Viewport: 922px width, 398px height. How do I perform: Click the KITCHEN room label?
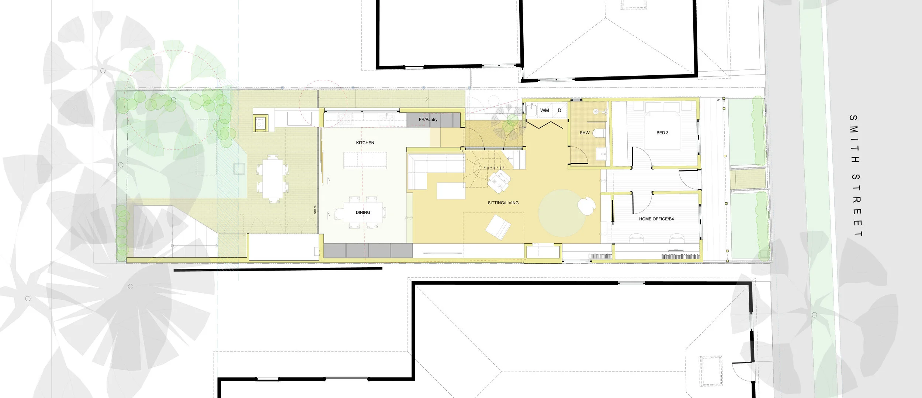pos(365,143)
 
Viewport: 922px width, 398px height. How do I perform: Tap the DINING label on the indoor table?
pos(363,212)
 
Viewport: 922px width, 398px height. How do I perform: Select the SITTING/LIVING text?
pos(503,203)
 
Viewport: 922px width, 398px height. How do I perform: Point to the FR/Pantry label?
pos(428,120)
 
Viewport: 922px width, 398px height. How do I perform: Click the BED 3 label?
pos(662,133)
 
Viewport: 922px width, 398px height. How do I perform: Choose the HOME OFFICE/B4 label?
pos(656,219)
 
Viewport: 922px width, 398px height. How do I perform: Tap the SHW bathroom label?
pos(585,133)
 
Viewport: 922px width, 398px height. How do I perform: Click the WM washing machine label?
pos(544,110)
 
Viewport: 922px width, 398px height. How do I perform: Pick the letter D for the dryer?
pos(559,110)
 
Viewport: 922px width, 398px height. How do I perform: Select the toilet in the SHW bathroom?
pos(599,133)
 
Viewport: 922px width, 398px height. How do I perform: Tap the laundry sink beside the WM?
pos(531,110)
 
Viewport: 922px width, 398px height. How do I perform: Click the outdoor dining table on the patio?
pos(272,179)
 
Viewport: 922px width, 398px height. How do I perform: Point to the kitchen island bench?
pos(365,160)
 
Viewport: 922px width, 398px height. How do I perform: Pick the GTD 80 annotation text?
pos(315,210)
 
